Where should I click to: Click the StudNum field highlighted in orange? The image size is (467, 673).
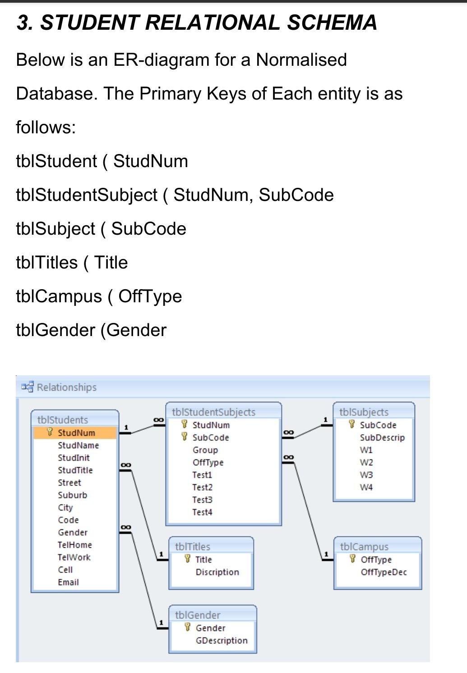coord(76,433)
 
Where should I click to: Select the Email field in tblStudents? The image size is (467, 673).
coord(68,582)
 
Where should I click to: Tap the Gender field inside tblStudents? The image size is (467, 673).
coord(73,532)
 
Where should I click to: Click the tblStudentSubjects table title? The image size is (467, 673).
coord(213,412)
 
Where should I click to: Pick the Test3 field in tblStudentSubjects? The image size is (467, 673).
coord(202,500)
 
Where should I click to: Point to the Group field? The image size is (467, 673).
coord(205,450)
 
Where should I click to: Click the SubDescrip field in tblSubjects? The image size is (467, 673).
coord(382,437)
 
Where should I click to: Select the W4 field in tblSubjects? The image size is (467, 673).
coord(366,487)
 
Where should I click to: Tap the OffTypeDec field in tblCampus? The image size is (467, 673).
coord(384,572)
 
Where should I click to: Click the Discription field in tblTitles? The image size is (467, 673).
coord(217,572)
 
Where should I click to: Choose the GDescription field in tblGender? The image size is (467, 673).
coord(222,641)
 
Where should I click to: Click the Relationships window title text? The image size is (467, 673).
coord(67,387)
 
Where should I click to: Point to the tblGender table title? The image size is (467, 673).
coord(198,615)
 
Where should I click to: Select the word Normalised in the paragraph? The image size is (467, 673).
coord(301,60)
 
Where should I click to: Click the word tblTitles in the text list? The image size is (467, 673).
coord(47,263)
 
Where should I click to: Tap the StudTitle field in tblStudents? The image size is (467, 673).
coord(75,470)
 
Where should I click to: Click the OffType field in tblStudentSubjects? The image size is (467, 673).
coord(208,463)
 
